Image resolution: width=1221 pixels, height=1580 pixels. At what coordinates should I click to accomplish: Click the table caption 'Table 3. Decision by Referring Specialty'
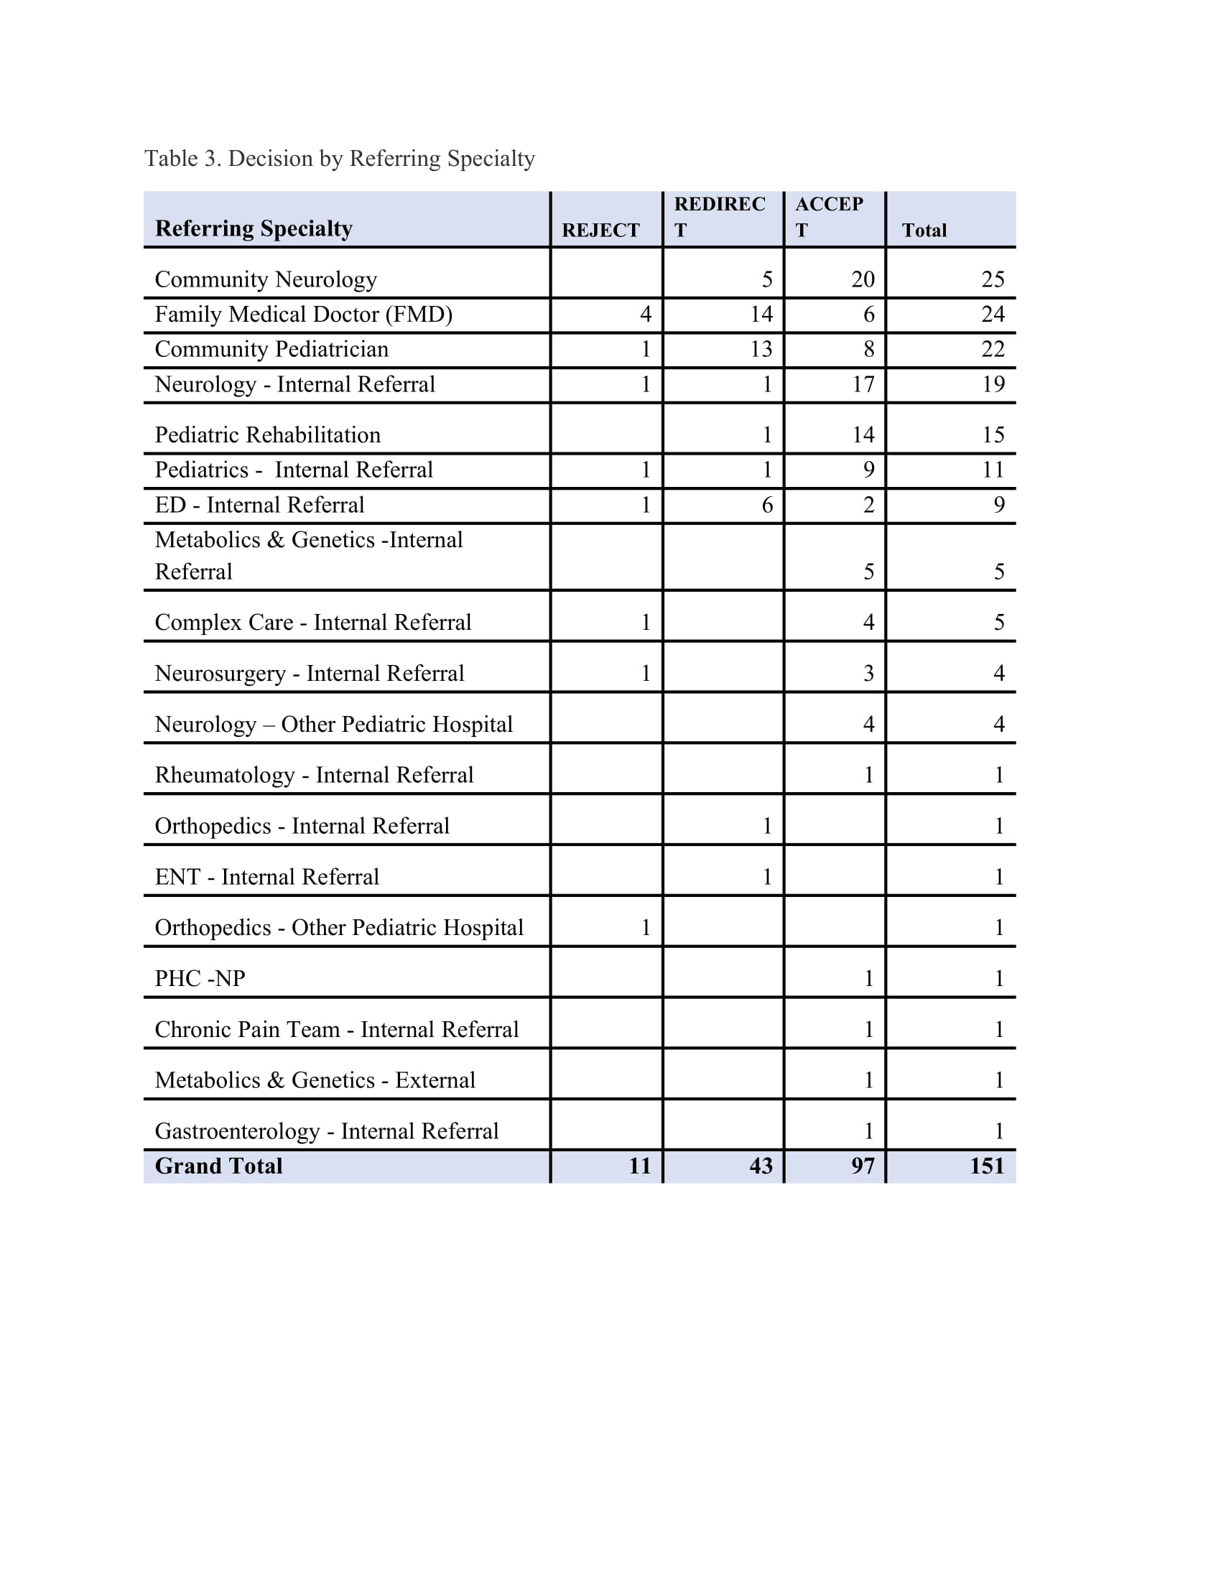339,159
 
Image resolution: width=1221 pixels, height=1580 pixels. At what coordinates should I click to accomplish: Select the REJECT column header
600,230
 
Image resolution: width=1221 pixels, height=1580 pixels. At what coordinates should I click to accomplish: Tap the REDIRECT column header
719,216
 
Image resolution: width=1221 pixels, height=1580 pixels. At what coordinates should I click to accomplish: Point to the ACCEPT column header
829,216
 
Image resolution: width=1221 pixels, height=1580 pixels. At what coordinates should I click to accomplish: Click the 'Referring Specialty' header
253,228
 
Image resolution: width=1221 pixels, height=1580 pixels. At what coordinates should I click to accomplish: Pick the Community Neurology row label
266,279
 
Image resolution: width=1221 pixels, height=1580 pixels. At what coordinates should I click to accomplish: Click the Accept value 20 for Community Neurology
862,279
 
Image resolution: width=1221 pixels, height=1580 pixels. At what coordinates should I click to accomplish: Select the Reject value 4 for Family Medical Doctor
645,314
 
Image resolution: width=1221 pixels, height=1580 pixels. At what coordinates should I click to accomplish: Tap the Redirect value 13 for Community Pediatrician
761,350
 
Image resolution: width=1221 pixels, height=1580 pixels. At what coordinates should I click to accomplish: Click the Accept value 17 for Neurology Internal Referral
862,384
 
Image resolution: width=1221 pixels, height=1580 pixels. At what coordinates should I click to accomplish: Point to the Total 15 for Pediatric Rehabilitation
993,434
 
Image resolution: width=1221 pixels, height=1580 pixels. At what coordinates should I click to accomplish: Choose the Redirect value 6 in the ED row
767,505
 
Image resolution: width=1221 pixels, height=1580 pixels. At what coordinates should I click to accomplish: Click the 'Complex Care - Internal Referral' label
312,623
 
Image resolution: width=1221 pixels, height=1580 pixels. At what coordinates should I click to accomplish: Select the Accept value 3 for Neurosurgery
868,674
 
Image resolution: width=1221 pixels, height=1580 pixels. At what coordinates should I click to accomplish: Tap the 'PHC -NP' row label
200,979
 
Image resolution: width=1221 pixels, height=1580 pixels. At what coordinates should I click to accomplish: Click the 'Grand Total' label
218,1166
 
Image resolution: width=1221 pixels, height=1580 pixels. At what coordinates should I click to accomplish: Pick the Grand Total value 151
987,1166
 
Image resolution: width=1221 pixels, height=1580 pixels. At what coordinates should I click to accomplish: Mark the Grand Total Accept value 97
862,1166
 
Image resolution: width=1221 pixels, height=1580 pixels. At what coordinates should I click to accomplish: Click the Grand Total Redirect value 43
761,1166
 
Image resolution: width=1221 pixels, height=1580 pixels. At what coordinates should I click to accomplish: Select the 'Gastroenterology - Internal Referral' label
326,1131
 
